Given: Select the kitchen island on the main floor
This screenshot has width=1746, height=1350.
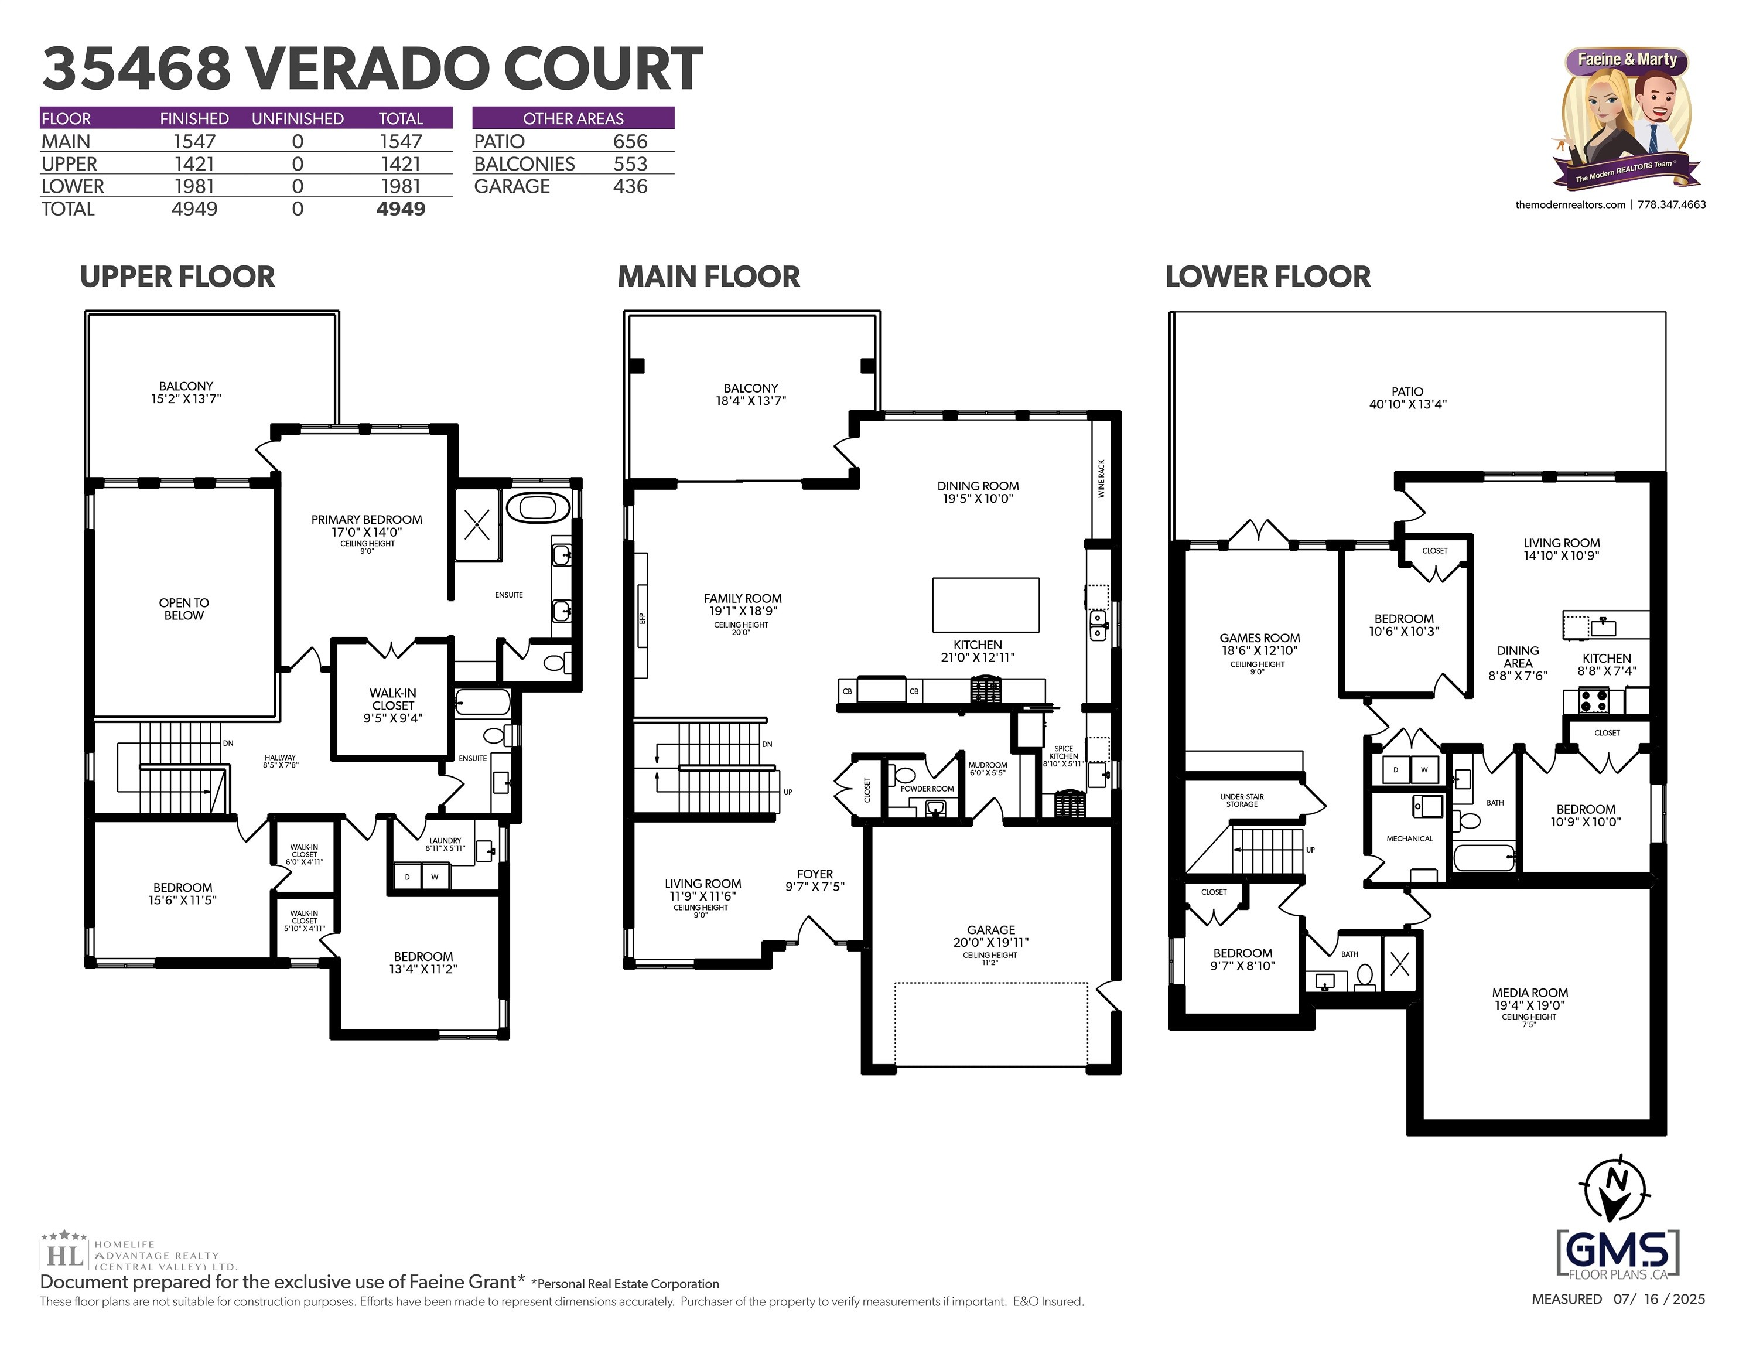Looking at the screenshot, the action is pos(986,605).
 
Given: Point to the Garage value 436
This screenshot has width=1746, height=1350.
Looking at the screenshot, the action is pos(630,186).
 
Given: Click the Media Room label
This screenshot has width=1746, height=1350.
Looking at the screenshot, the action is pos(1530,993).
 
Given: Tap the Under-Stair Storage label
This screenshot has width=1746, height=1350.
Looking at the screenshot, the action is pos(1242,800).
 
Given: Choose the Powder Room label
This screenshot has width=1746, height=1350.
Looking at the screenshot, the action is pos(927,789).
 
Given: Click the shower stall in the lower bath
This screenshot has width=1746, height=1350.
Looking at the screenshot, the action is pos(1400,964).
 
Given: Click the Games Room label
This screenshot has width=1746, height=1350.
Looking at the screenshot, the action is pos(1260,638).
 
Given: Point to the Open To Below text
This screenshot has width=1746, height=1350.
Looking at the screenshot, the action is pos(184,609).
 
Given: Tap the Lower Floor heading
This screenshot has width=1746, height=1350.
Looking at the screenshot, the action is pos(1268,277).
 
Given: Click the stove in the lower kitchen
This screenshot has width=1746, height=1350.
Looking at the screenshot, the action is pos(1593,701).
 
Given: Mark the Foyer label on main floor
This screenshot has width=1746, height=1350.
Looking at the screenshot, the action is pos(815,874).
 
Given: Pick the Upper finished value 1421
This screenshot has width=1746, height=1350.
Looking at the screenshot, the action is pos(194,164).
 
